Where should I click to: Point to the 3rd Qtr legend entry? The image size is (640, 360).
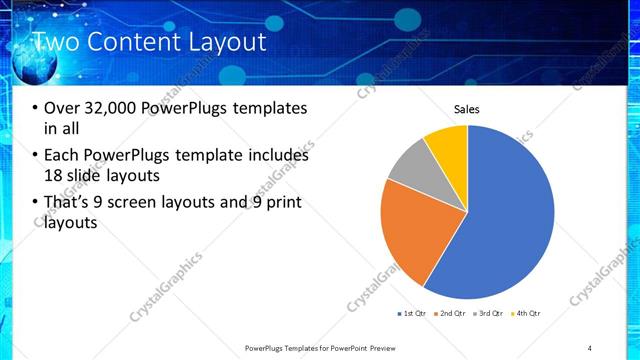491,314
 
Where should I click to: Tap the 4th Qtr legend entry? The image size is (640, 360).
528,314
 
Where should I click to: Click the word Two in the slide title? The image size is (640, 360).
58,42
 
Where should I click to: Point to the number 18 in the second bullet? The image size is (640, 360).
53,176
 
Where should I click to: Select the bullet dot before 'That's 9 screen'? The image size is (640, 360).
35,203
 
